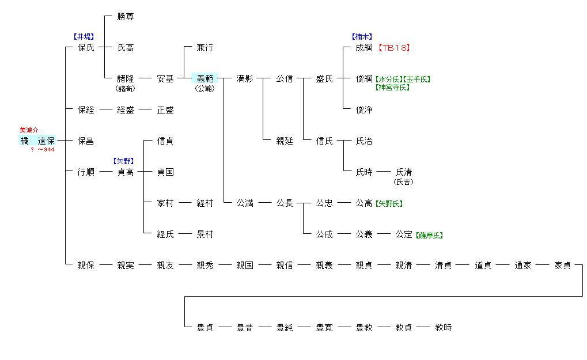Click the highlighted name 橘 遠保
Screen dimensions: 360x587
pos(37,141)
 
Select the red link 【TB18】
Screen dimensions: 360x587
pos(394,48)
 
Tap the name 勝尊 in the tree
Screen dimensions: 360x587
pos(126,17)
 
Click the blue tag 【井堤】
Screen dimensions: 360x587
pos(84,37)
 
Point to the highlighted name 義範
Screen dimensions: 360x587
pos(204,79)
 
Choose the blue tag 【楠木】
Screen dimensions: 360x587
pos(362,37)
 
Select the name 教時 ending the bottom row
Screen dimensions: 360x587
pos(444,328)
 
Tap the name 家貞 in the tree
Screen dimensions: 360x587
pos(563,266)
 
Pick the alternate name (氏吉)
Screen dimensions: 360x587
pos(403,182)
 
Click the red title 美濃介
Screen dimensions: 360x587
pos(29,130)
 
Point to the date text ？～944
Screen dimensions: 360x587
pos(43,150)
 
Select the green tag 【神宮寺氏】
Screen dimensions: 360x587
pos(392,88)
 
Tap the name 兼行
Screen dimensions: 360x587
pos(204,48)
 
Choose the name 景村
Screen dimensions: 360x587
pos(204,234)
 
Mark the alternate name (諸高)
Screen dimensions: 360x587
pos(125,89)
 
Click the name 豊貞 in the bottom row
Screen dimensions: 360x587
pos(204,328)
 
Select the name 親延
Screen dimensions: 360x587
pos(284,141)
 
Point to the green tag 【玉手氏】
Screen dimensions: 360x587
pos(416,79)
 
